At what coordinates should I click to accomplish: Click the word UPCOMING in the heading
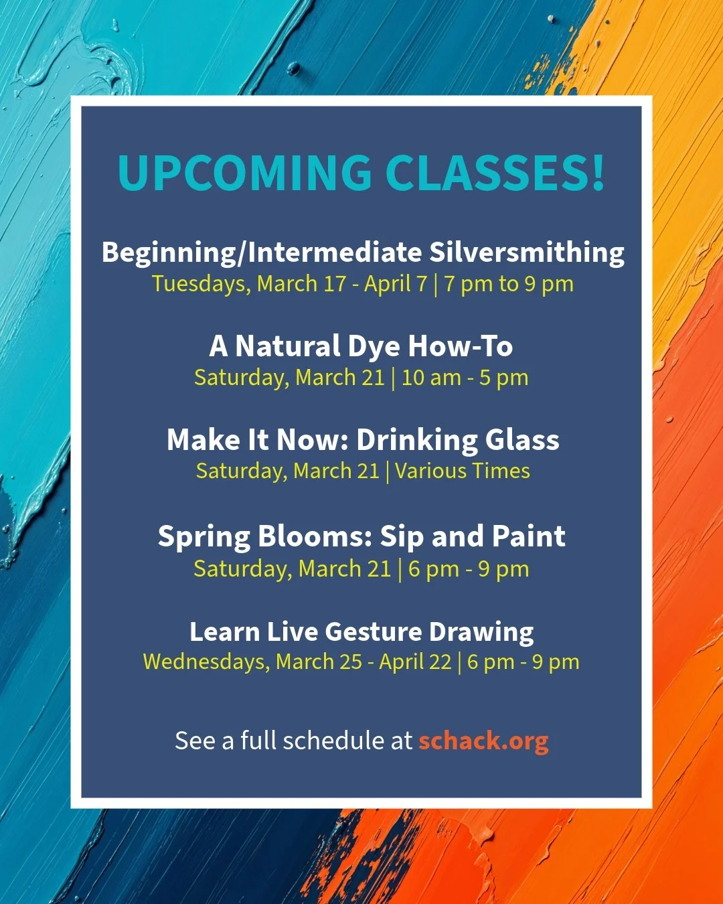(x=244, y=173)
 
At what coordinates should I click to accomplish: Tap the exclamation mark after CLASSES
(x=598, y=173)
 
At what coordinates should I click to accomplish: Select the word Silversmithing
(x=527, y=252)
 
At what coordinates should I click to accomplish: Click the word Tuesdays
(x=202, y=284)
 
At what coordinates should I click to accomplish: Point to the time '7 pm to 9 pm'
(x=509, y=284)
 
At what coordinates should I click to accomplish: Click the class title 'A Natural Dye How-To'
(x=361, y=346)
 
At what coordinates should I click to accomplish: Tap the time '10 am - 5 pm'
(x=465, y=378)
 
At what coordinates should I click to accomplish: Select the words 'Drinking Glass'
(x=458, y=440)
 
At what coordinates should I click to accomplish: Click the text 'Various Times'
(x=463, y=471)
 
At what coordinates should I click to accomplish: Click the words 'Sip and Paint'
(x=473, y=536)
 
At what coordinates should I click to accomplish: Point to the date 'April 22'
(x=415, y=662)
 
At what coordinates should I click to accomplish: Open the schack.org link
(x=483, y=741)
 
